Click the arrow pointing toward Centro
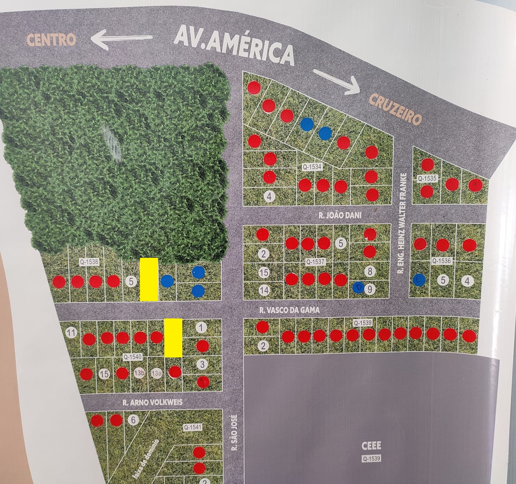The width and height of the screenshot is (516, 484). click(x=122, y=38)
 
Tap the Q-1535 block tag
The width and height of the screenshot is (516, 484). click(x=427, y=178)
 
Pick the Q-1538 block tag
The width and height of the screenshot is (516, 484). click(x=89, y=261)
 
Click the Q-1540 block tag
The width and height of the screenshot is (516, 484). click(x=133, y=357)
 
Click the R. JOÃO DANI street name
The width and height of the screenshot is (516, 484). click(x=340, y=216)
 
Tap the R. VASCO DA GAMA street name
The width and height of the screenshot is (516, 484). click(x=289, y=310)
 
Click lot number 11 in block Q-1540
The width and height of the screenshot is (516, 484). click(x=70, y=332)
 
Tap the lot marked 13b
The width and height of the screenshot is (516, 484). click(x=139, y=373)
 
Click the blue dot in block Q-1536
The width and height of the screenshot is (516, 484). click(x=419, y=279)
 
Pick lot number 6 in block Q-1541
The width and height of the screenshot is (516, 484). click(x=133, y=420)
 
